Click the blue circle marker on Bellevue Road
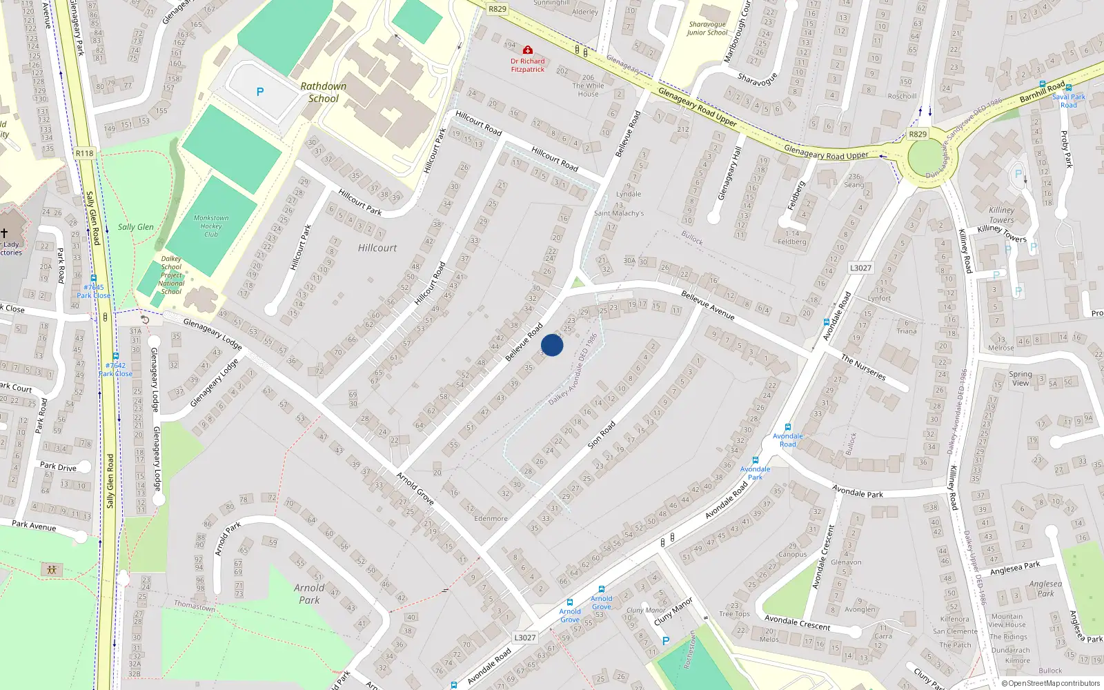tap(552, 345)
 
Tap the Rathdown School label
tap(323, 92)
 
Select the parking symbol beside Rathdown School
tap(260, 92)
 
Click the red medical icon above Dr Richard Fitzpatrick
tap(528, 50)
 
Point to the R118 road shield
tap(84, 153)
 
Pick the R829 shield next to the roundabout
tap(918, 135)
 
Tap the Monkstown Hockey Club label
tap(211, 226)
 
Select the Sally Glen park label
tap(135, 227)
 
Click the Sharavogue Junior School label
tap(707, 28)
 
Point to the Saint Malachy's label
tap(619, 213)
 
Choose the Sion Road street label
tap(601, 436)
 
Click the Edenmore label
tap(491, 519)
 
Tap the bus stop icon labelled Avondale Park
tap(756, 460)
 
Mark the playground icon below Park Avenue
tap(52, 570)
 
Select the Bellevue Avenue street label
tap(707, 304)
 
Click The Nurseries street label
tap(863, 367)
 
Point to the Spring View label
tap(1021, 379)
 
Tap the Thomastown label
tap(194, 606)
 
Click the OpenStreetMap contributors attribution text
tap(1051, 684)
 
